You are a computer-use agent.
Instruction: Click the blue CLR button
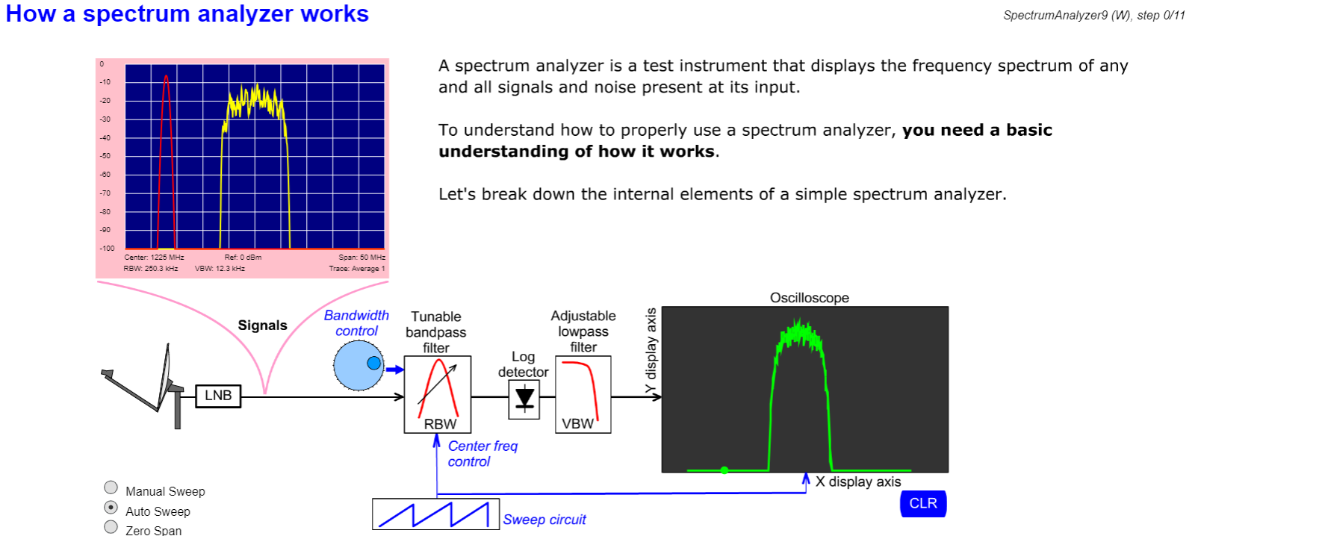coord(923,503)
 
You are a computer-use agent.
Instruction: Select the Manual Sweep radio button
coord(111,487)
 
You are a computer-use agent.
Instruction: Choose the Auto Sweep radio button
coord(111,508)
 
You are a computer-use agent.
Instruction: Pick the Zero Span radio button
coord(111,527)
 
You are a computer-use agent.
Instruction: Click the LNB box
coord(218,396)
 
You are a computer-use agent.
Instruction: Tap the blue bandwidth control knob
coord(359,365)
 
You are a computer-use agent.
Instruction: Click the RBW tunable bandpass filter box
coord(438,394)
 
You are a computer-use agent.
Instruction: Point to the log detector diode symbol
coord(524,399)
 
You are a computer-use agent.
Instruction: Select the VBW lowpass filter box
coord(583,394)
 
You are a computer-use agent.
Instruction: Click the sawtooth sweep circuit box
coord(435,514)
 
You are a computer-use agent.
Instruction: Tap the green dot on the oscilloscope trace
coord(724,470)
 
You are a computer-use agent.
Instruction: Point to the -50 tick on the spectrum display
coord(105,156)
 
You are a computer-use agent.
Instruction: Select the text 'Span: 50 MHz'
coord(361,258)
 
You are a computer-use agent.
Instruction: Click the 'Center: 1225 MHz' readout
coord(154,258)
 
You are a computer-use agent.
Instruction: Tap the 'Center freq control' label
coord(482,453)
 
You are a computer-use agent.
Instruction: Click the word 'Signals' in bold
coord(262,325)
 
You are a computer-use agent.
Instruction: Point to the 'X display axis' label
coord(858,482)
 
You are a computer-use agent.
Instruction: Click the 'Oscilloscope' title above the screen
coord(809,298)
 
